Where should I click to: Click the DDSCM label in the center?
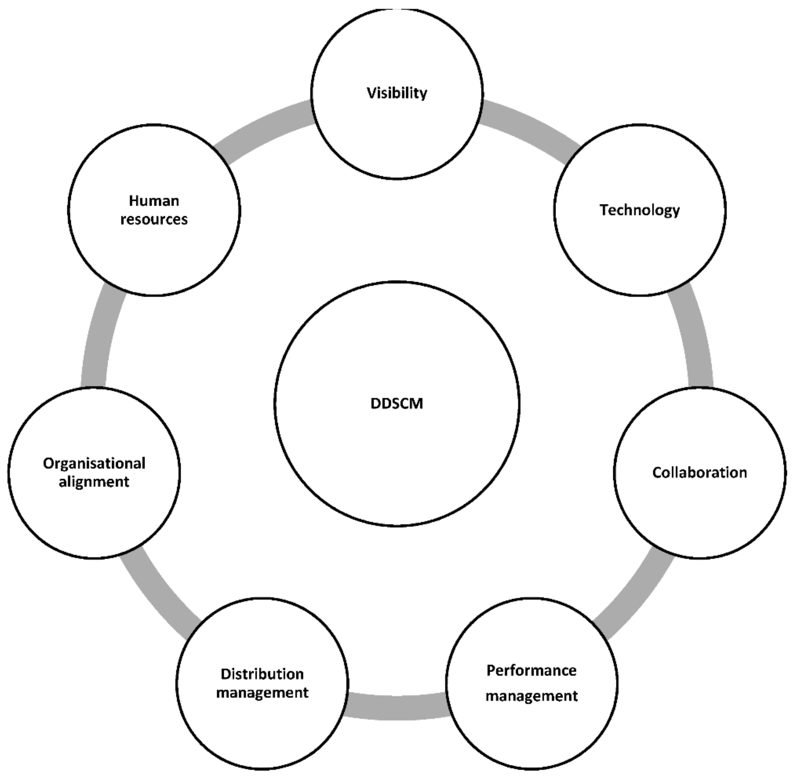coord(397,404)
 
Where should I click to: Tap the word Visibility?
coord(397,93)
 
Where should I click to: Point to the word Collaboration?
coord(699,472)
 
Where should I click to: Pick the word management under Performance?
coord(531,696)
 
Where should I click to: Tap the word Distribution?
coord(262,674)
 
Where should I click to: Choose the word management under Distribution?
coord(262,692)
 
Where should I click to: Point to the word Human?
coord(154,201)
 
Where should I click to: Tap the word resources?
coord(154,219)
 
